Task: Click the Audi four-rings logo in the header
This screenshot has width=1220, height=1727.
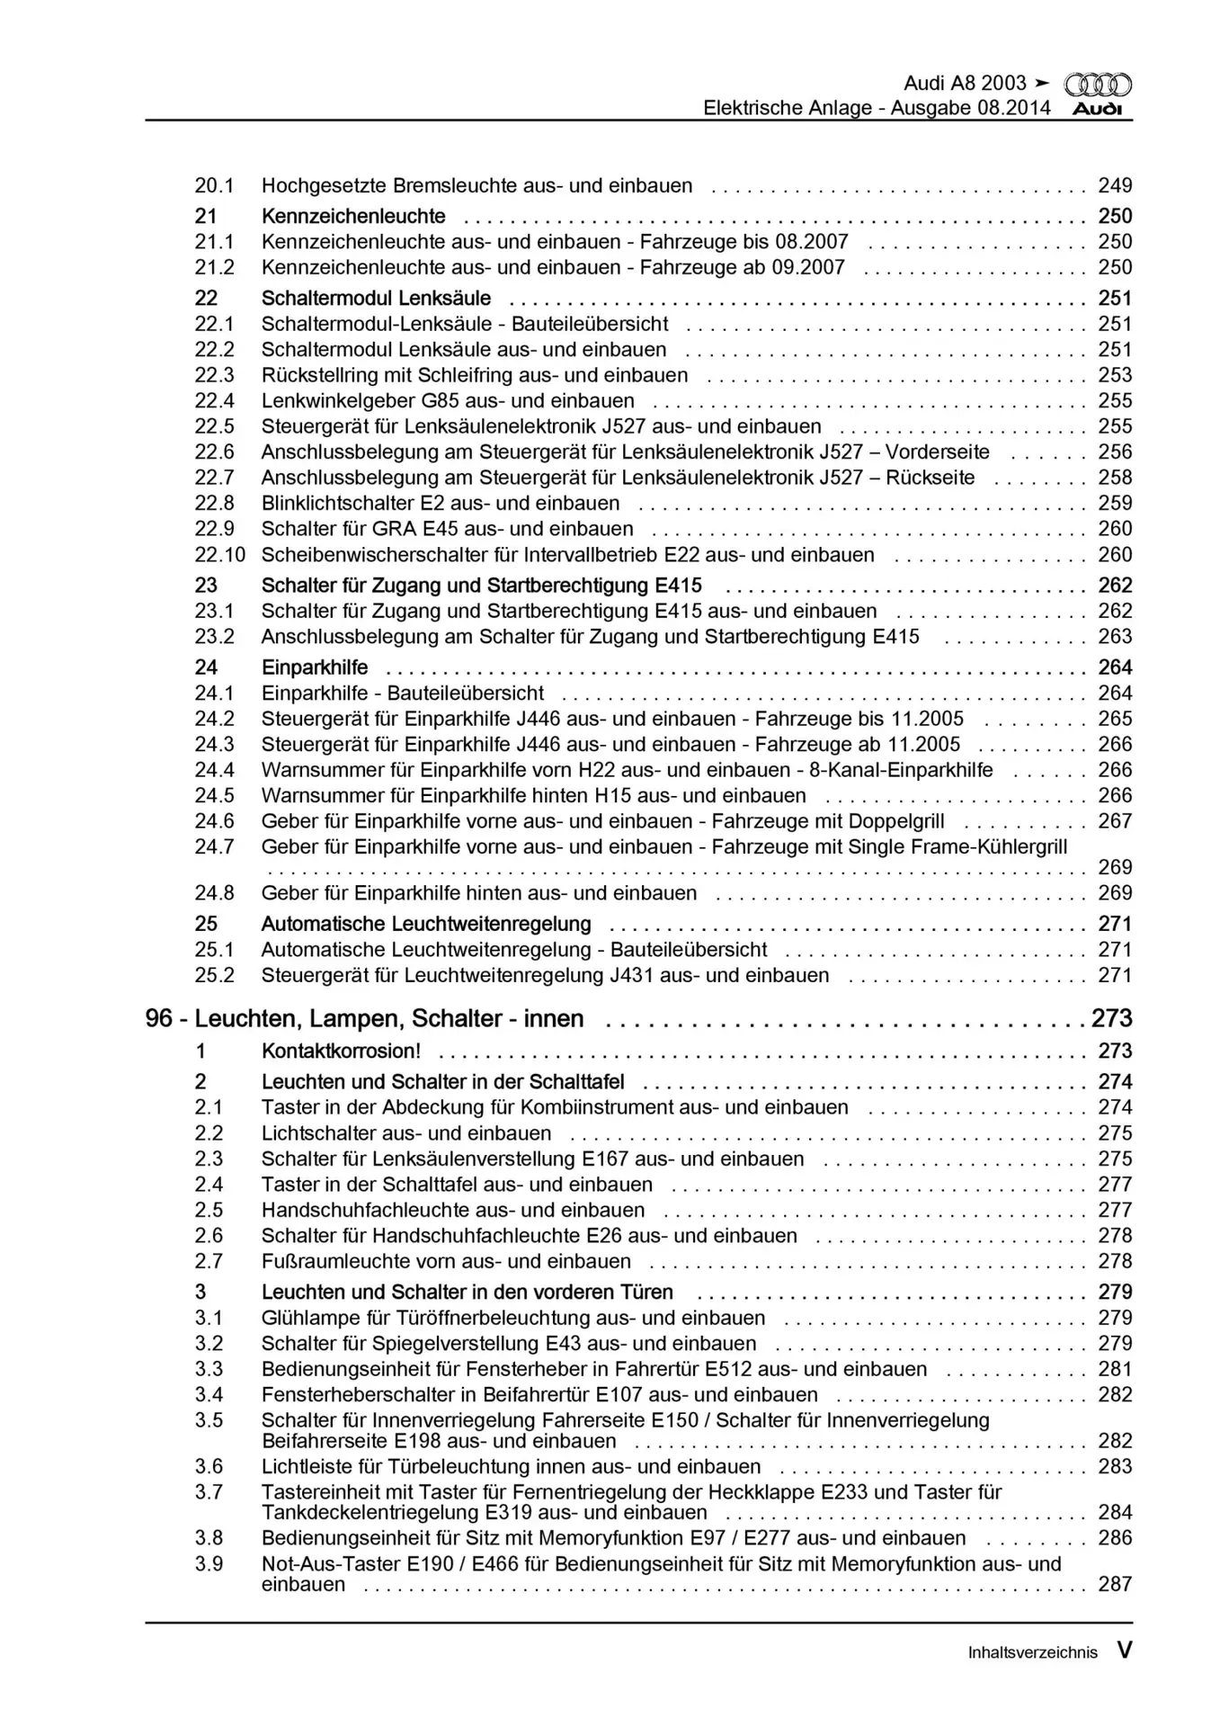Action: [1098, 85]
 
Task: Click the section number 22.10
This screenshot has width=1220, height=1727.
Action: [219, 555]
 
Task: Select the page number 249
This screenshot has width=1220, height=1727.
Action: [1115, 186]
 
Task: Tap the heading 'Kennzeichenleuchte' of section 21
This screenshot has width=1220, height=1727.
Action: [353, 217]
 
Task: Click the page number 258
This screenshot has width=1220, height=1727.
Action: [1115, 479]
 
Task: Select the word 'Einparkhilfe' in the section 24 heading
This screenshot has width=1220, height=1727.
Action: [315, 667]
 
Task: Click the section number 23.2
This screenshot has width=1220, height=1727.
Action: [214, 637]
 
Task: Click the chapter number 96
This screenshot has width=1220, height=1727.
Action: [159, 1019]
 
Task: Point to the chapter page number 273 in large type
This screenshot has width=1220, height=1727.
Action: [1111, 1019]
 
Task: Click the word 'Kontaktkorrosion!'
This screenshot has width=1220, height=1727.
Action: [341, 1051]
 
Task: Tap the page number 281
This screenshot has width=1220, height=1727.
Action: [1115, 1370]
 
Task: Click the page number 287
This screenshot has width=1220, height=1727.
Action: [1115, 1584]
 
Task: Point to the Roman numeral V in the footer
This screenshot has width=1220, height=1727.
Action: [1124, 1651]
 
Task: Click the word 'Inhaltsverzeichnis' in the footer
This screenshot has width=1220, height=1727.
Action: [1032, 1653]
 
